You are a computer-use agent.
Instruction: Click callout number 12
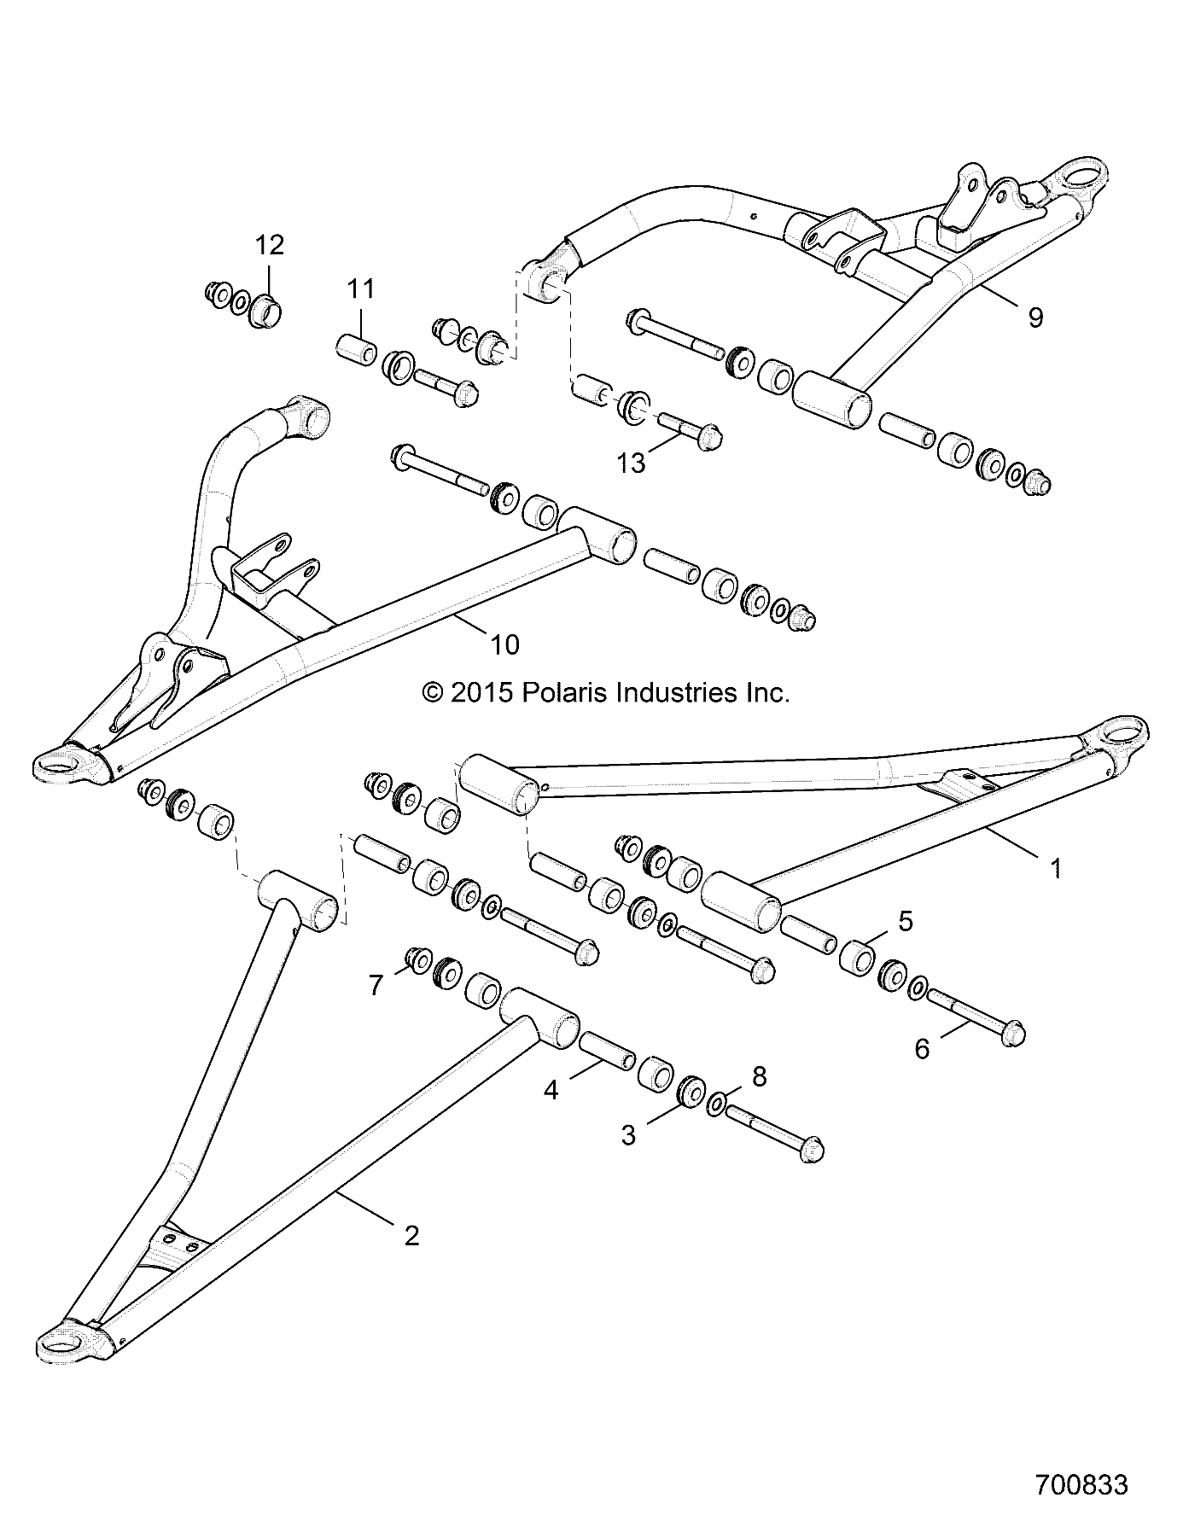click(x=269, y=246)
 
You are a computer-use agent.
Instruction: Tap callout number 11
click(x=361, y=289)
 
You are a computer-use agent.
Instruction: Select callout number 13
click(x=632, y=463)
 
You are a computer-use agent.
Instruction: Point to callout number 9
click(x=1034, y=318)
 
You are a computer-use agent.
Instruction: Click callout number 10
click(x=505, y=644)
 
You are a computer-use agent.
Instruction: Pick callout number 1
click(x=1056, y=869)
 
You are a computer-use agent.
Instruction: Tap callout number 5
click(x=906, y=921)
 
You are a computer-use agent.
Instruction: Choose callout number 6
click(x=922, y=1048)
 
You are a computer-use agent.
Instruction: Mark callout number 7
click(x=376, y=985)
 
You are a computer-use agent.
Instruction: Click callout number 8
click(x=759, y=1077)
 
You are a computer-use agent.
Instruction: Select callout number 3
click(x=628, y=1135)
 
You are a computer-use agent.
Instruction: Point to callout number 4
click(x=551, y=1090)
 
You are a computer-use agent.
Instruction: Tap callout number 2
click(x=411, y=1235)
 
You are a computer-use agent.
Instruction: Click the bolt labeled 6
click(x=976, y=1016)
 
